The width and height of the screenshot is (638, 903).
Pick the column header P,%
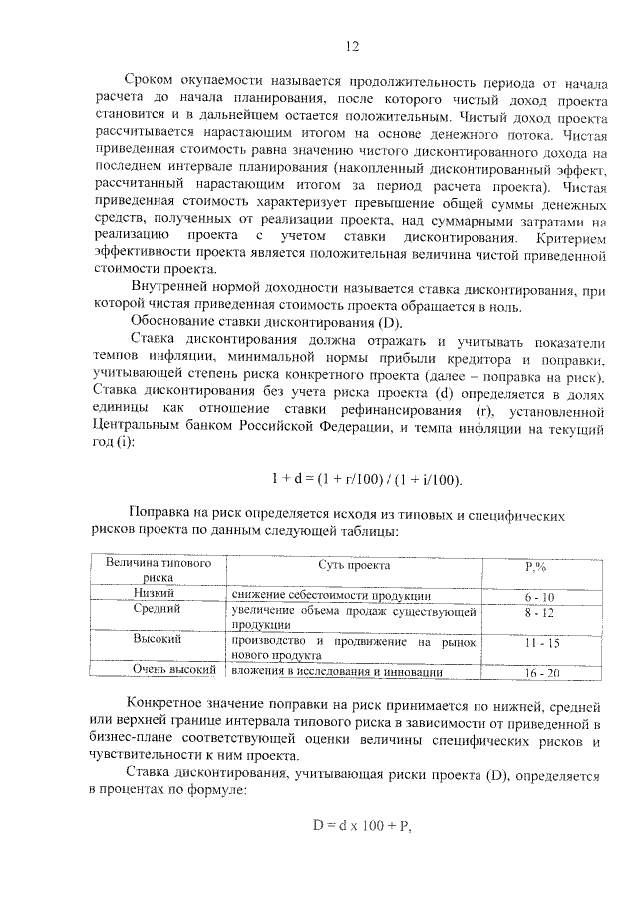(x=539, y=567)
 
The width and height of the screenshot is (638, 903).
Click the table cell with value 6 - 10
(x=539, y=596)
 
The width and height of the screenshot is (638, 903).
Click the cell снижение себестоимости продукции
(x=330, y=595)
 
